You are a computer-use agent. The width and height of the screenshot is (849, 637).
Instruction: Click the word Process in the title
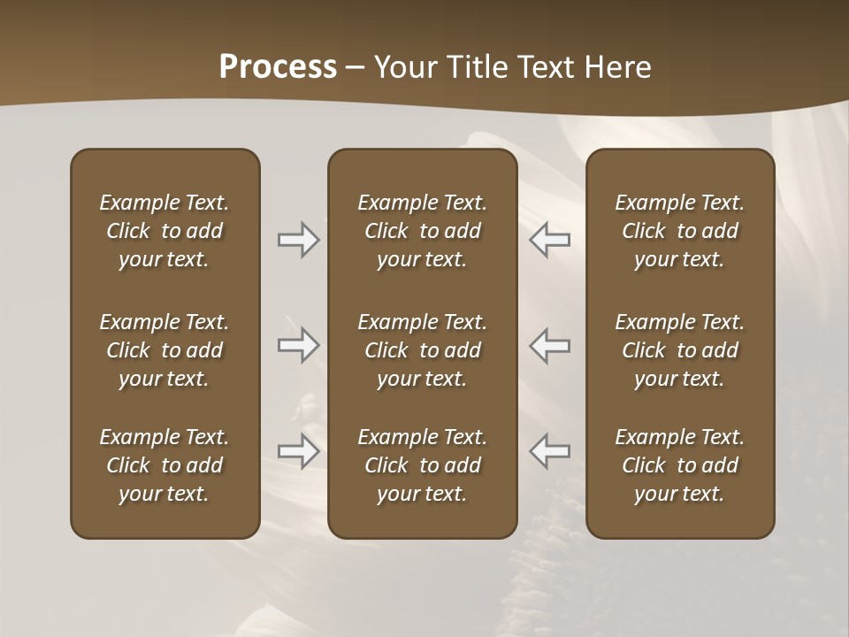click(x=278, y=67)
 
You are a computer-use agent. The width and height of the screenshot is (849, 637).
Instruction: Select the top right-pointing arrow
click(x=298, y=240)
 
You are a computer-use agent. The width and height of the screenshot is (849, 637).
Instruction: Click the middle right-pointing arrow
click(x=298, y=345)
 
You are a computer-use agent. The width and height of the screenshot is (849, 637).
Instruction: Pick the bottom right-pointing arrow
click(x=298, y=451)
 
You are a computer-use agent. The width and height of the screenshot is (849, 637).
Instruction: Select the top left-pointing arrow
click(x=549, y=240)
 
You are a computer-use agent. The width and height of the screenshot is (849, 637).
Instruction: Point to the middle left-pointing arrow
click(x=549, y=345)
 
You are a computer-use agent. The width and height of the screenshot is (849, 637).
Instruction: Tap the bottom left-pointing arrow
click(x=549, y=451)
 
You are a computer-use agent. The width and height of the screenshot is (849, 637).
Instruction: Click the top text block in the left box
click(x=164, y=231)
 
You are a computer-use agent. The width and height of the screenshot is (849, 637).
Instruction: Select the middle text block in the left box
click(x=164, y=350)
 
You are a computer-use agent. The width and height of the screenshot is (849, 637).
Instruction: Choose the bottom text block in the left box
click(x=164, y=465)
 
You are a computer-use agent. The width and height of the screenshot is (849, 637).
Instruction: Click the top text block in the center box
click(x=422, y=231)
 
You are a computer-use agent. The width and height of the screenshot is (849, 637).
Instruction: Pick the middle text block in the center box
click(x=422, y=350)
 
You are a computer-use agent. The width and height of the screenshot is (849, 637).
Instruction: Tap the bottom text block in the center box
click(x=422, y=465)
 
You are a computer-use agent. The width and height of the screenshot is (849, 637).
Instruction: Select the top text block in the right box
click(x=679, y=231)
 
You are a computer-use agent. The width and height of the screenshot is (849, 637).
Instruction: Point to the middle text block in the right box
click(x=679, y=350)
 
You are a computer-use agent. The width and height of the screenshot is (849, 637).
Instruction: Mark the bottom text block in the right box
click(x=679, y=465)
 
